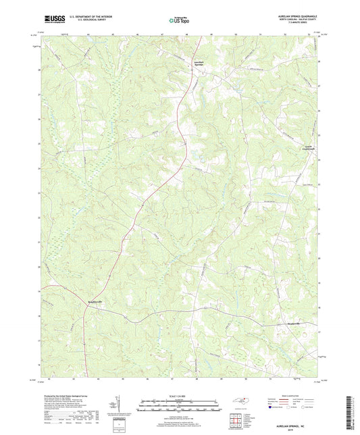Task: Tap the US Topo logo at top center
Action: tap(179, 20)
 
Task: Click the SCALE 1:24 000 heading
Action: tap(179, 396)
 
